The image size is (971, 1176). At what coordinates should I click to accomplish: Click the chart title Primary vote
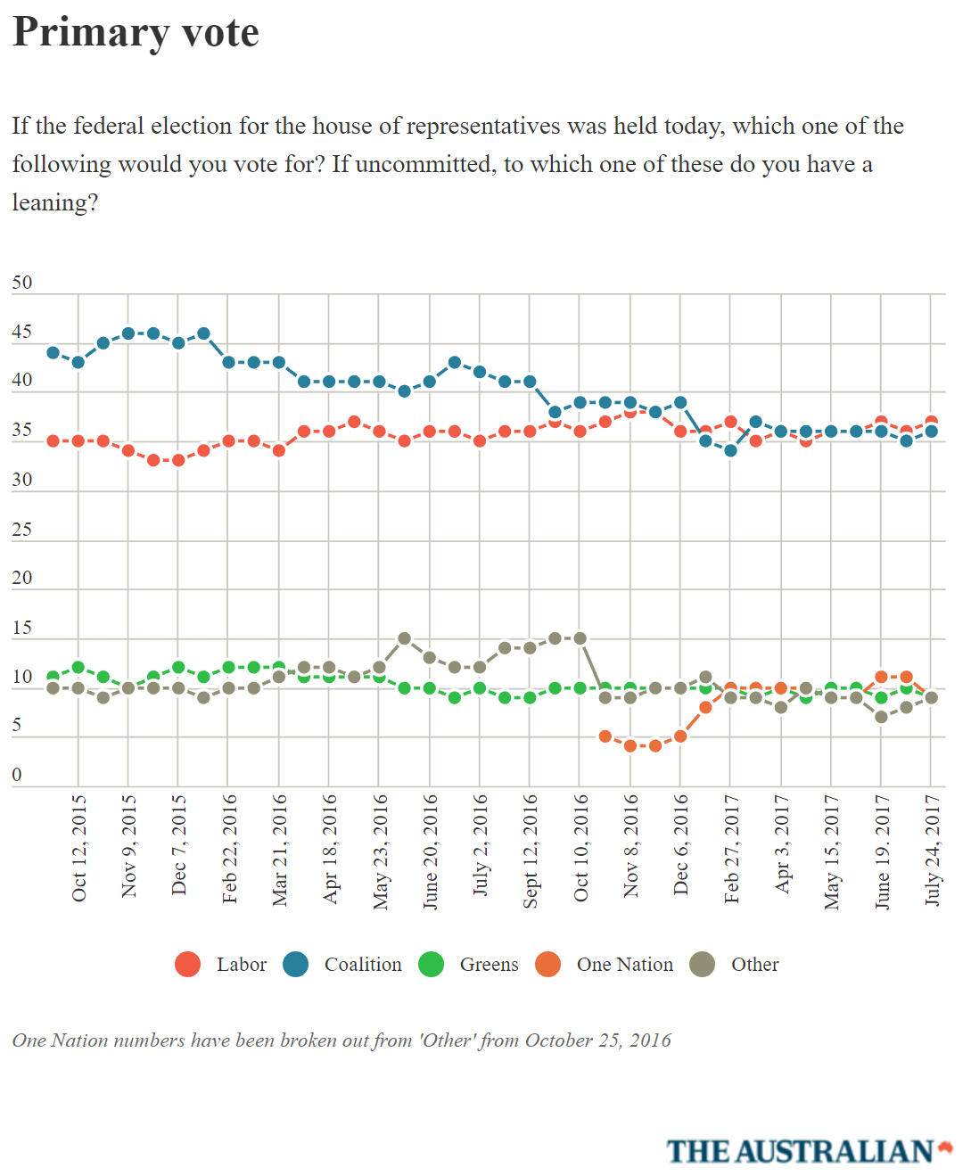pyautogui.click(x=136, y=33)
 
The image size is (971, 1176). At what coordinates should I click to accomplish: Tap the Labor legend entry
pyautogui.click(x=221, y=965)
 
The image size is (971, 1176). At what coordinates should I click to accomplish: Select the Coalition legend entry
pyautogui.click(x=342, y=965)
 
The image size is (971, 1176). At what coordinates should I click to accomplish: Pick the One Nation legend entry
pyautogui.click(x=605, y=965)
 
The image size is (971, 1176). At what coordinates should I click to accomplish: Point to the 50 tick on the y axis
pyautogui.click(x=21, y=284)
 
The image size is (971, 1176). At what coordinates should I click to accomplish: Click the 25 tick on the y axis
pyautogui.click(x=21, y=530)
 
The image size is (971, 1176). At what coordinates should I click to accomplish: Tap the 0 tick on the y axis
pyautogui.click(x=17, y=775)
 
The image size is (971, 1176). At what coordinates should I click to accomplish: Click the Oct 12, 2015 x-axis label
pyautogui.click(x=78, y=848)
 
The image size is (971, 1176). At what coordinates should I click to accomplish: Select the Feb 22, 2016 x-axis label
pyautogui.click(x=229, y=848)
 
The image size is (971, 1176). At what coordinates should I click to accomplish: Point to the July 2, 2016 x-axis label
pyautogui.click(x=481, y=845)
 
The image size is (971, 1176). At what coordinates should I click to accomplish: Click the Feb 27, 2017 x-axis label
pyautogui.click(x=731, y=848)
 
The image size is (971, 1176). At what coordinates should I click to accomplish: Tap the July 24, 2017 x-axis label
pyautogui.click(x=932, y=849)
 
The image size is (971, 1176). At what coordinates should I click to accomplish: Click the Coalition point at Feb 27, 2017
pyautogui.click(x=731, y=450)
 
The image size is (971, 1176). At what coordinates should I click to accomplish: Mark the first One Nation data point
pyautogui.click(x=605, y=736)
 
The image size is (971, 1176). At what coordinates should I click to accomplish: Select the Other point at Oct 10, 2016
pyautogui.click(x=580, y=638)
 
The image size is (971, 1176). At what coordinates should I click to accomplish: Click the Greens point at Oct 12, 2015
pyautogui.click(x=78, y=667)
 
